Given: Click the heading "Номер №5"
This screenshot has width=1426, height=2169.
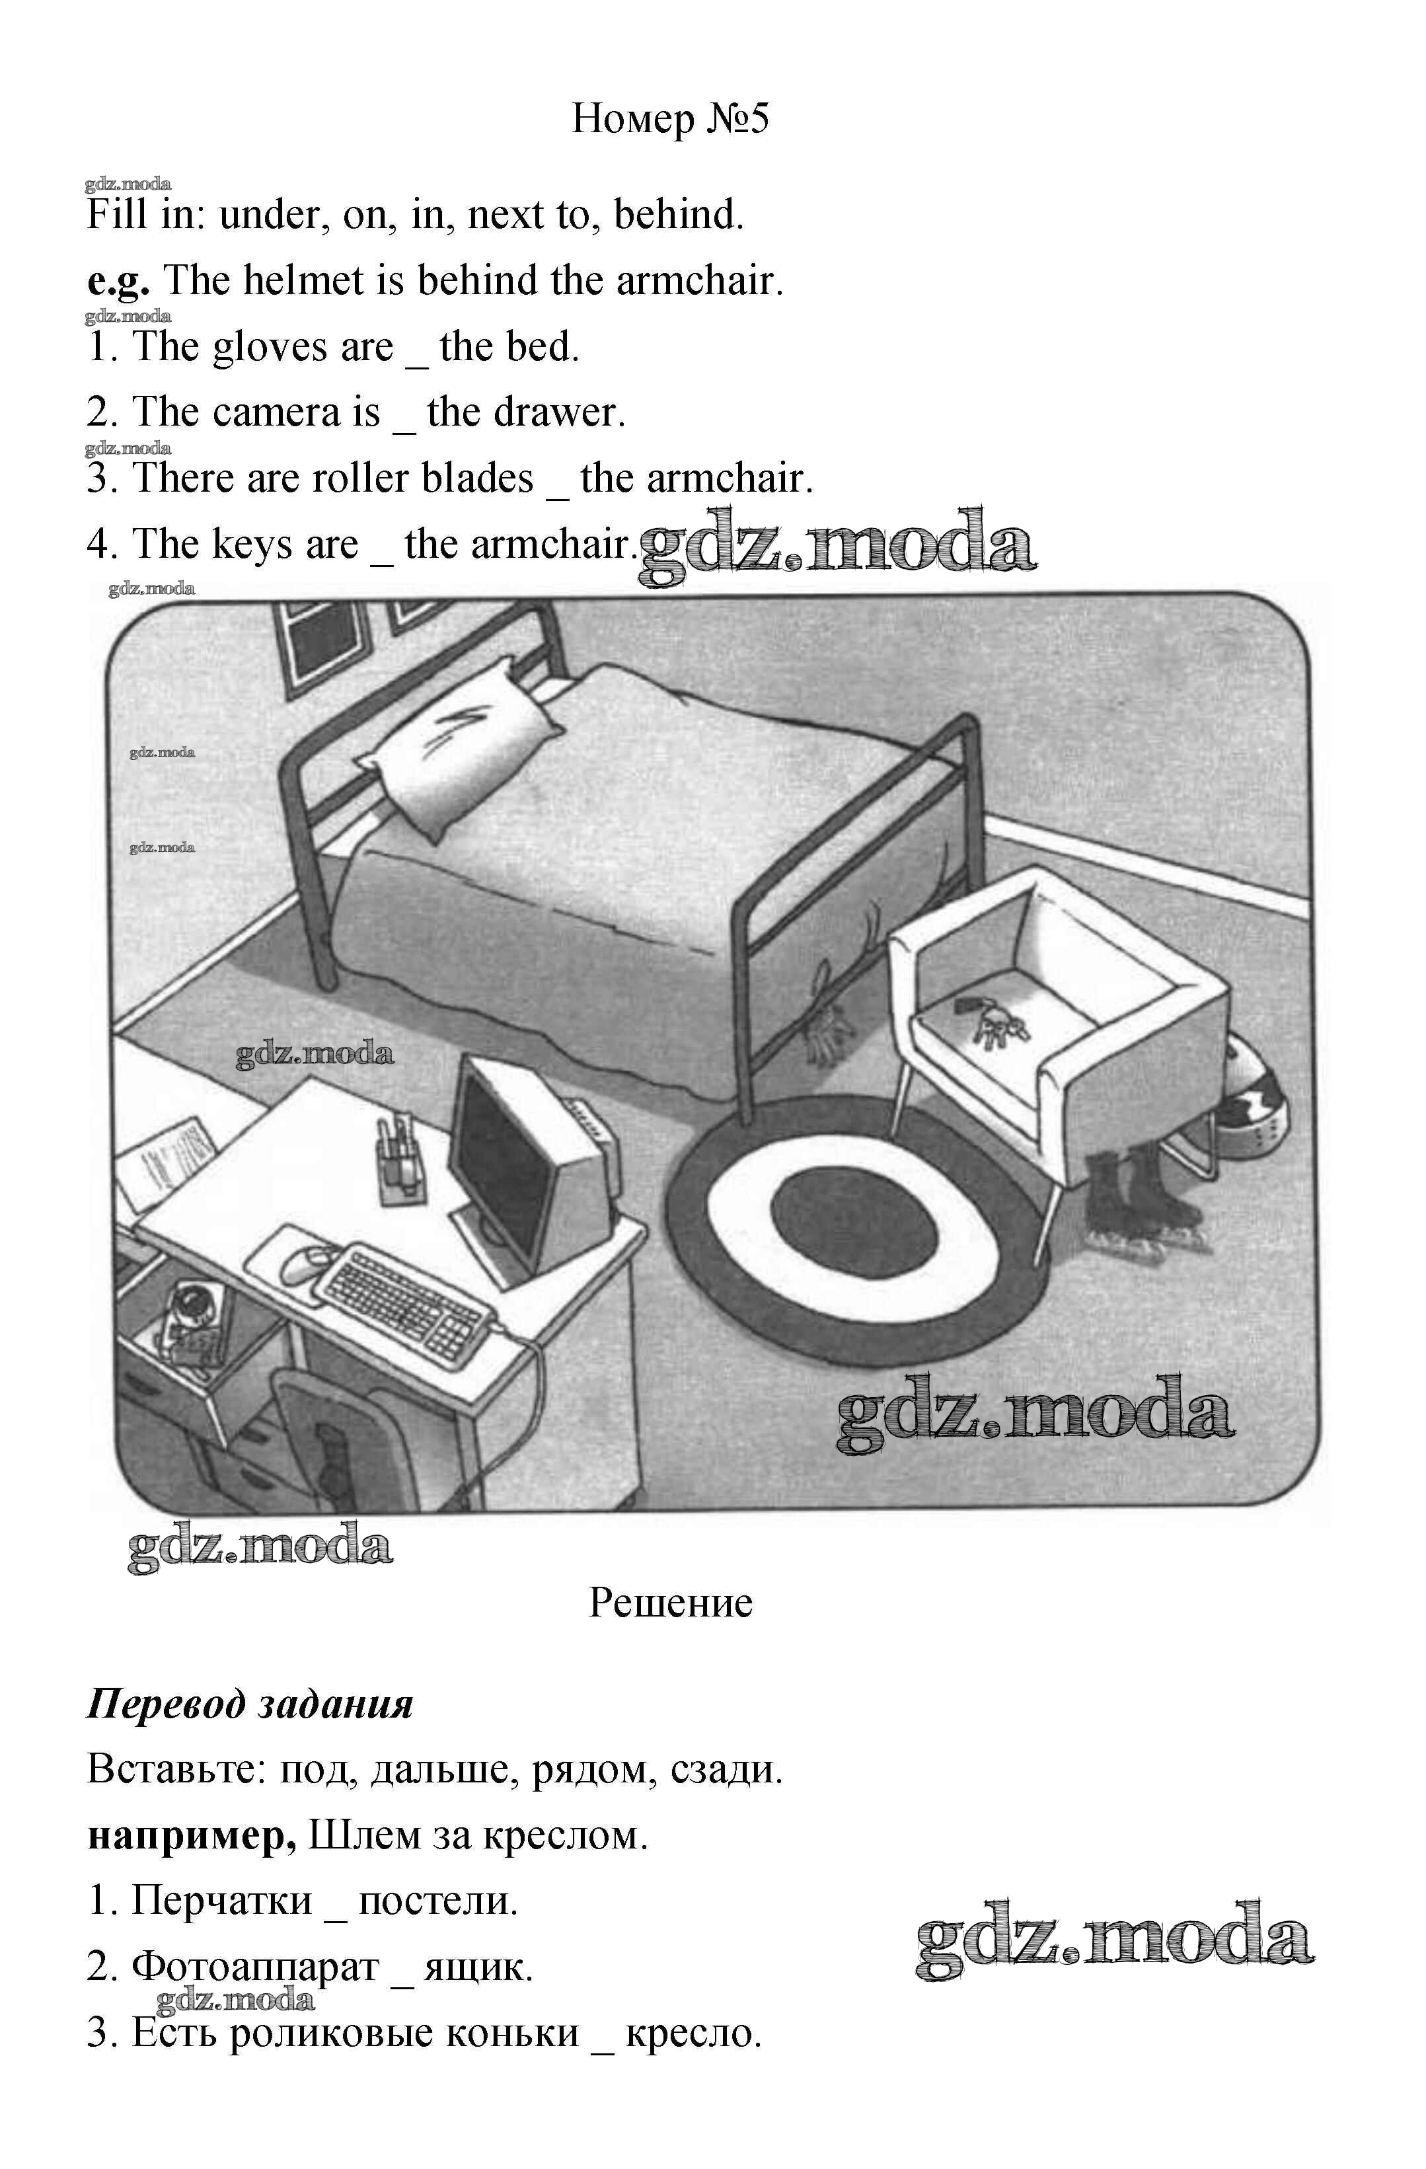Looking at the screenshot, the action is click(x=671, y=118).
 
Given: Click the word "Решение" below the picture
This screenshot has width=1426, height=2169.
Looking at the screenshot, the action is click(x=671, y=1628).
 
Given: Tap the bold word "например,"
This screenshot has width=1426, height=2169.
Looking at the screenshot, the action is click(x=192, y=1837).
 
